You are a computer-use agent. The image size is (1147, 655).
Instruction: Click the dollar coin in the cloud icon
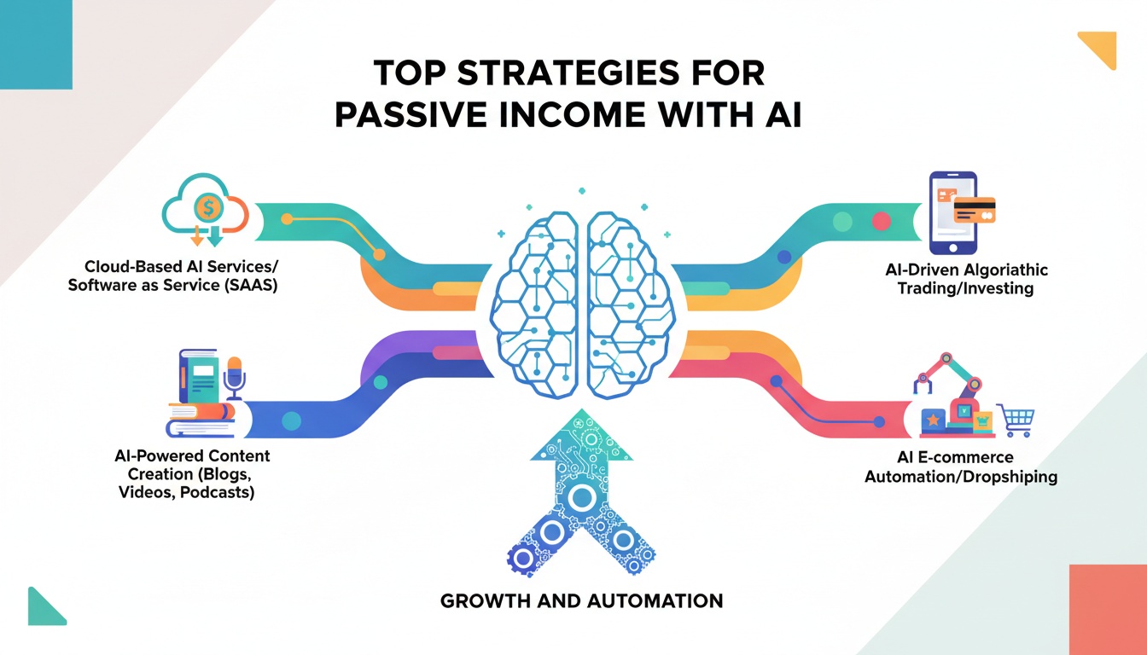click(208, 208)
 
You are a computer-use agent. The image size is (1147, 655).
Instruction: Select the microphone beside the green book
click(235, 378)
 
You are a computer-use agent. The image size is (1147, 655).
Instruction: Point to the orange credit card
click(975, 210)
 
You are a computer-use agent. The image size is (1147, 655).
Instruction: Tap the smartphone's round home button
click(953, 248)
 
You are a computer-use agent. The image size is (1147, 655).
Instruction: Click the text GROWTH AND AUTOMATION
click(581, 600)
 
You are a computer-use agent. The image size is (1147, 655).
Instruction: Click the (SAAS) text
click(251, 285)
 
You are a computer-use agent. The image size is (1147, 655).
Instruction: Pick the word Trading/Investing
click(966, 288)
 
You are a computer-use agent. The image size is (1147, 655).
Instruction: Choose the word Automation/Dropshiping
click(961, 477)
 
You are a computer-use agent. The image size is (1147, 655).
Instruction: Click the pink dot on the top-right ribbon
click(882, 222)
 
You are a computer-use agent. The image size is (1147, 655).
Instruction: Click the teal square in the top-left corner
click(36, 44)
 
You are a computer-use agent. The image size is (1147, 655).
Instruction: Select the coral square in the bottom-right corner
click(1108, 610)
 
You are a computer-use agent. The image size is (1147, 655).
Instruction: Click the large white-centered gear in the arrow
click(582, 497)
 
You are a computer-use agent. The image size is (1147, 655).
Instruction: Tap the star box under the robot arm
click(934, 420)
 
